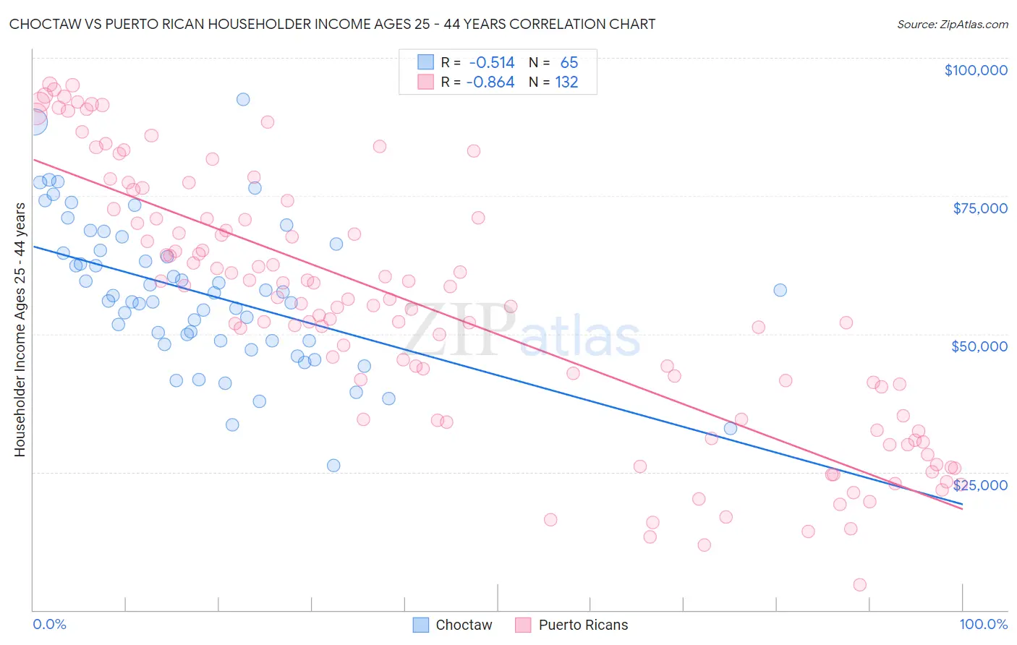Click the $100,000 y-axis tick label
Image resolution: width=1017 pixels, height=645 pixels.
point(976,70)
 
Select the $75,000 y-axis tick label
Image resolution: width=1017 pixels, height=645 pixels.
point(980,208)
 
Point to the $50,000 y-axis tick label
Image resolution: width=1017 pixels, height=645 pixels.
point(979,346)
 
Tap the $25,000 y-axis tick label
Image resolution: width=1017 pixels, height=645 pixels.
point(980,484)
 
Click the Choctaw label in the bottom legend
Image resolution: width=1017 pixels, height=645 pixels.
point(464,625)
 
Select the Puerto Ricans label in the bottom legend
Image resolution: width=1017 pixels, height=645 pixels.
point(583,625)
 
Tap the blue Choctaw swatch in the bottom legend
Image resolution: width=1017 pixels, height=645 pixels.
point(421,625)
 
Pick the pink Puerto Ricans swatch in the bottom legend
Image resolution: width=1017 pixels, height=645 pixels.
point(524,625)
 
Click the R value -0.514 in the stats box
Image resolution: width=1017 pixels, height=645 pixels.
point(492,63)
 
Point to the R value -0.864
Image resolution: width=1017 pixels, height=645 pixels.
point(490,82)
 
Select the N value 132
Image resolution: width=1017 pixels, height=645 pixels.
point(566,82)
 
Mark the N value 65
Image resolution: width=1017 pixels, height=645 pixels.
point(569,63)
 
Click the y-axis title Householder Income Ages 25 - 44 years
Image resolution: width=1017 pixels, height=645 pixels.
point(20,330)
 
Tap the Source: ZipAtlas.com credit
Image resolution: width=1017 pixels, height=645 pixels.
point(952,25)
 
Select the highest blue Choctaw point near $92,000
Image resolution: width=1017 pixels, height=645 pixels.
point(243,99)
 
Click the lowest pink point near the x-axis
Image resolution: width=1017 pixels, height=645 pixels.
point(859,585)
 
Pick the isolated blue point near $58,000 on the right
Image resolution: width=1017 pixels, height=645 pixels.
point(780,290)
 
